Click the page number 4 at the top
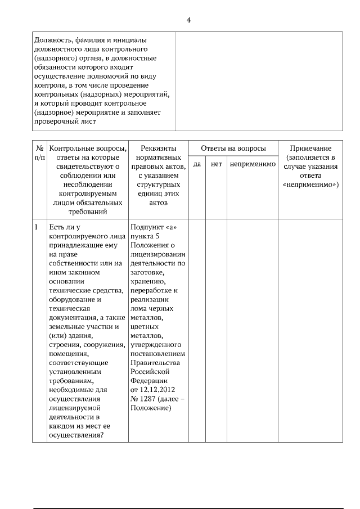188,20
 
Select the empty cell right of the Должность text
259,81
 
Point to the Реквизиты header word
159,148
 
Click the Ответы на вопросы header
233,148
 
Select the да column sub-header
197,164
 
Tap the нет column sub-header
216,164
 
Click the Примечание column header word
310,148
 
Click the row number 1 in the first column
37,227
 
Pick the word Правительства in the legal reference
155,363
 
